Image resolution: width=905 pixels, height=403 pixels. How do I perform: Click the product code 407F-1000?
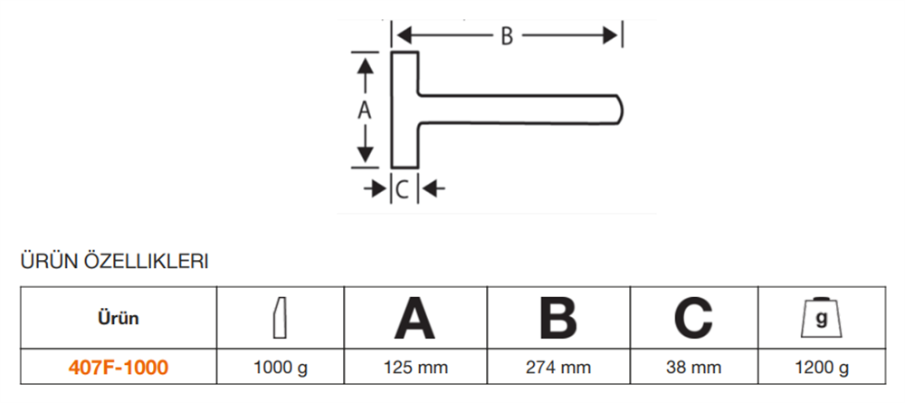pos(119,367)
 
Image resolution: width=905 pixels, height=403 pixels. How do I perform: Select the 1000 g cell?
pos(281,367)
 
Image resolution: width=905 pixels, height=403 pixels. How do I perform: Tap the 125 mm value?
pos(415,367)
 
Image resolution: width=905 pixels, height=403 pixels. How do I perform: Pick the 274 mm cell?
pos(558,367)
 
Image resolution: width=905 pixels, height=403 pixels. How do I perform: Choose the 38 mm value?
pos(693,367)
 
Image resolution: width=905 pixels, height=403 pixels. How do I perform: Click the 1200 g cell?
pos(822,367)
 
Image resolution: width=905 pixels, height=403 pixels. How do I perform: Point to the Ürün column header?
pos(119,318)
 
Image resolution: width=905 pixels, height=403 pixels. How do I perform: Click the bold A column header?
pos(414,318)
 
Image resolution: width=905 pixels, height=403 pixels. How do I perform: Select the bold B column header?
pos(557,318)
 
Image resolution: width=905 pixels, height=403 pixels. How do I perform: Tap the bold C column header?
pos(693,318)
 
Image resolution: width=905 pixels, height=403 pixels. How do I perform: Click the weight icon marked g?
pos(822,318)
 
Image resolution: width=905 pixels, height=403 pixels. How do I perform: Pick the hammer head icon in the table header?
pos(280,318)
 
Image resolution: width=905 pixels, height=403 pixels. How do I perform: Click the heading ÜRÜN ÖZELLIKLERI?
pos(114,262)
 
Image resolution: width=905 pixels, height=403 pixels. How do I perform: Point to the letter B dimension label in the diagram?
pos(506,36)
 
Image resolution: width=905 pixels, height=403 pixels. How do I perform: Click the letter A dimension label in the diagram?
pos(364,110)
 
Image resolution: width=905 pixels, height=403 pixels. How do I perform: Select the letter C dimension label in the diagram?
pos(403,189)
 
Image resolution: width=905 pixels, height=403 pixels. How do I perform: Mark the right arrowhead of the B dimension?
pos(610,36)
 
